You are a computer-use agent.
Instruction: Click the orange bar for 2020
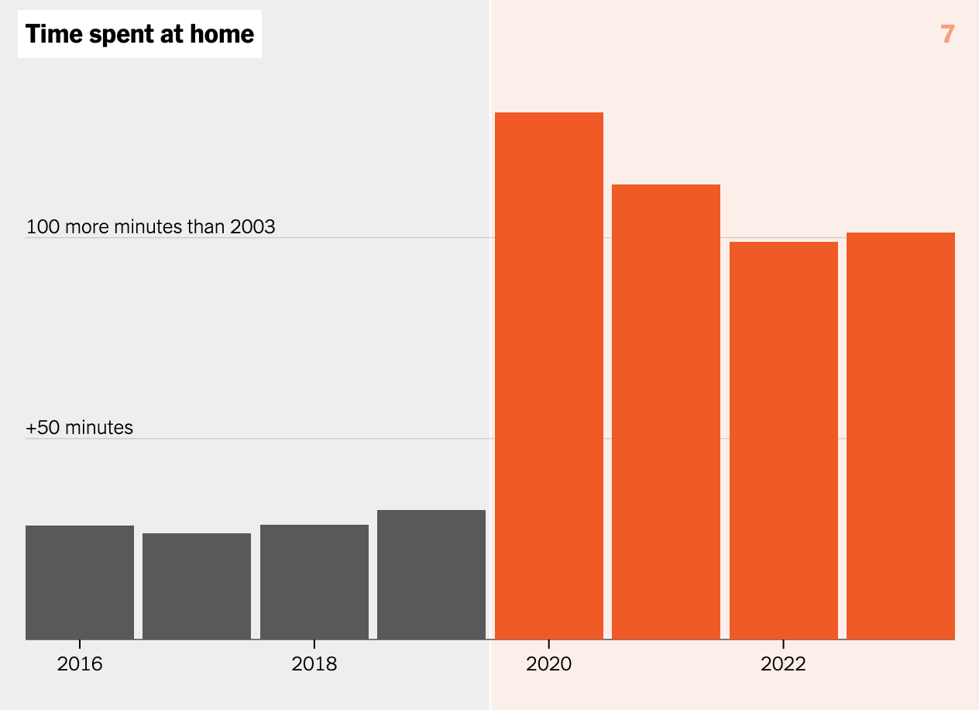click(548, 376)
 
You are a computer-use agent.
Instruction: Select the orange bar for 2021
click(666, 412)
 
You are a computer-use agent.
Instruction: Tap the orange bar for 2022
click(783, 440)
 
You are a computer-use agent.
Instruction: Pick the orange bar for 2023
click(900, 436)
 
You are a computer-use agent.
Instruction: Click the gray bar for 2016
click(80, 582)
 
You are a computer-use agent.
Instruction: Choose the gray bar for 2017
click(197, 586)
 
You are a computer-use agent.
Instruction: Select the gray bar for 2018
click(314, 581)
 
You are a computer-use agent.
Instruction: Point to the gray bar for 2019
click(431, 574)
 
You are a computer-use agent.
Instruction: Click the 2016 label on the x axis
click(80, 664)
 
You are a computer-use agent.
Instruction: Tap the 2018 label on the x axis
click(314, 664)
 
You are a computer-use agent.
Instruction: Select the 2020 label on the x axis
click(548, 664)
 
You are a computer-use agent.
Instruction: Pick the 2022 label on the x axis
click(783, 664)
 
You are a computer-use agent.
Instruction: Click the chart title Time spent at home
click(139, 35)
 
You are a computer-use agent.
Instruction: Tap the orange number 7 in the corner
click(947, 35)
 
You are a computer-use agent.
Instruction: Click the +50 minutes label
click(80, 428)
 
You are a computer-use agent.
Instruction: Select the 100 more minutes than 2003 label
click(151, 227)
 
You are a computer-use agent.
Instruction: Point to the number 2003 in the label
click(252, 227)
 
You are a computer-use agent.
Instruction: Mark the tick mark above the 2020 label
click(548, 644)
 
